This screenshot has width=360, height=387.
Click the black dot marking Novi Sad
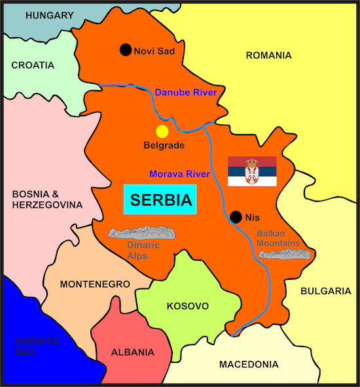[x=126, y=50]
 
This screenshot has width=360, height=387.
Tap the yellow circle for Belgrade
[x=162, y=131]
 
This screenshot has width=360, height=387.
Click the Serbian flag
[x=252, y=171]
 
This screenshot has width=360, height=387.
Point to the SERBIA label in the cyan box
[x=160, y=200]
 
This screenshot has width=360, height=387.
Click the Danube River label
[x=185, y=93]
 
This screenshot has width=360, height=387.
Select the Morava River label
[x=179, y=175]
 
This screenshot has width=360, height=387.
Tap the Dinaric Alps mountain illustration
[x=143, y=233]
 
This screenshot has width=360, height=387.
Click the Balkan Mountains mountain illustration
[x=283, y=253]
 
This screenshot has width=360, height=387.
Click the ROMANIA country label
[x=268, y=56]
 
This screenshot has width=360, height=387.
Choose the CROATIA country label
[x=33, y=65]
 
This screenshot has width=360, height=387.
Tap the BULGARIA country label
[x=326, y=291]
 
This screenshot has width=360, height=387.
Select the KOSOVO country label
[x=187, y=306]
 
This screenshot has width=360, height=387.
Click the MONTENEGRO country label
[x=95, y=284]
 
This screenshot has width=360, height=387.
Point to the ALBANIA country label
[x=133, y=352]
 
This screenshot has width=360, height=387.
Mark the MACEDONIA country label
[x=249, y=364]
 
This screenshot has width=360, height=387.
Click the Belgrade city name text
[x=164, y=145]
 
